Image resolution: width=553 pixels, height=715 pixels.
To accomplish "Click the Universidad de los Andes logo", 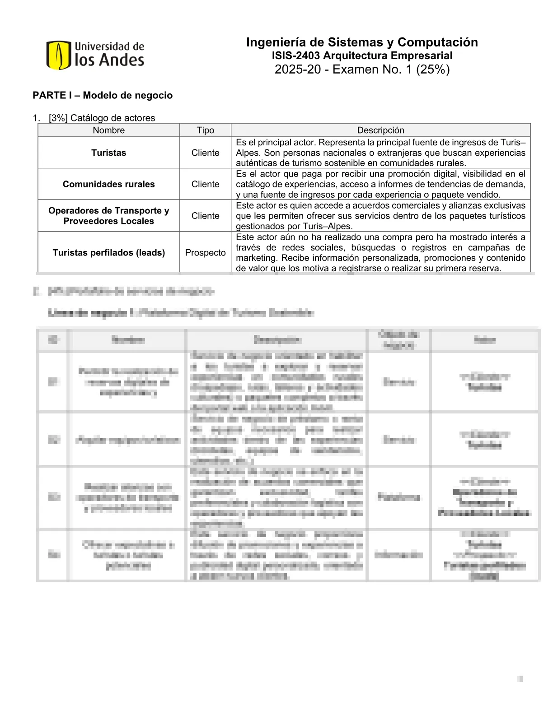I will pos(95,55).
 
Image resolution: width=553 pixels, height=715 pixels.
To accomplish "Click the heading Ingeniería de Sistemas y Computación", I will pos(362,42).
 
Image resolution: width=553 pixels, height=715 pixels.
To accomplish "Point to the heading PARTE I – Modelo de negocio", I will pos(103,95).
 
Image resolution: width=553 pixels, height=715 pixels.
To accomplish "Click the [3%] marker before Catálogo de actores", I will pos(58,118).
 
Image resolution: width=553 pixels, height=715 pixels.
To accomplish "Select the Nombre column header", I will pos(108,130).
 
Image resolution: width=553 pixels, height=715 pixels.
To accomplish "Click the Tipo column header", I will pos(205,130).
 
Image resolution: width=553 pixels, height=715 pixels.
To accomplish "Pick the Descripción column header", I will pos(380,130).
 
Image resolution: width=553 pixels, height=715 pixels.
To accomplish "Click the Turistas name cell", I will pos(108,153).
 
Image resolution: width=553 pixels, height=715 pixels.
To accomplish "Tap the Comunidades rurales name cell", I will pos(108,184).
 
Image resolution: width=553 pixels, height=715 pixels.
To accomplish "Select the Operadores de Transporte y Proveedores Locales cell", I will pos(108,216).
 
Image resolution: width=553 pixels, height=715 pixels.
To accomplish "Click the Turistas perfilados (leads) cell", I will pos(108,253).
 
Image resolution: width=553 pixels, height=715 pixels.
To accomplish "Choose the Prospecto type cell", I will pos(205,253).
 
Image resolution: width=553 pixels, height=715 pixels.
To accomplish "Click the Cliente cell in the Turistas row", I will pos(205,153).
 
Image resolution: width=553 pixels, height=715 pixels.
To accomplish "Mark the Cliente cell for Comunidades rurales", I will pos(205,184).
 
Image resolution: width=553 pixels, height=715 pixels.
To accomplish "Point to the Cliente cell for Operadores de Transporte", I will pos(205,216).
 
